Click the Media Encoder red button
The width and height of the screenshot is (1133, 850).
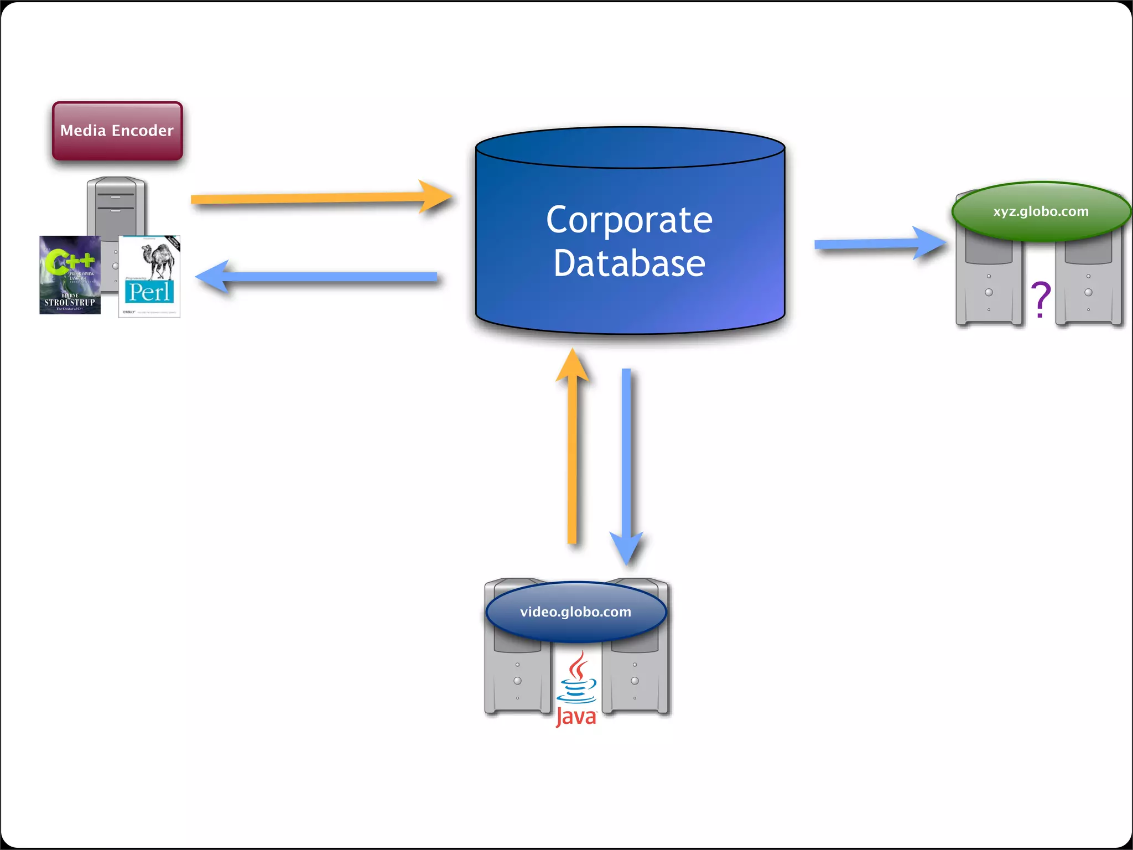point(117,131)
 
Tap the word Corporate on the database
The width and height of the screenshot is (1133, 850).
point(629,220)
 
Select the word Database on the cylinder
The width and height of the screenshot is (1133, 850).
point(629,263)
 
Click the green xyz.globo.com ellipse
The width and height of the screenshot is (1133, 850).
point(1041,211)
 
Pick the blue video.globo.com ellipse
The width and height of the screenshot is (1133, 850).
point(575,611)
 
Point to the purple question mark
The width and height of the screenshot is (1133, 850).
point(1041,299)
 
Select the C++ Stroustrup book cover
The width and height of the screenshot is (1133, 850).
point(70,275)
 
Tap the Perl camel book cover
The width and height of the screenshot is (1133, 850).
point(149,276)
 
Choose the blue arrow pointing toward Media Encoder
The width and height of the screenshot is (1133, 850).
point(321,277)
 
